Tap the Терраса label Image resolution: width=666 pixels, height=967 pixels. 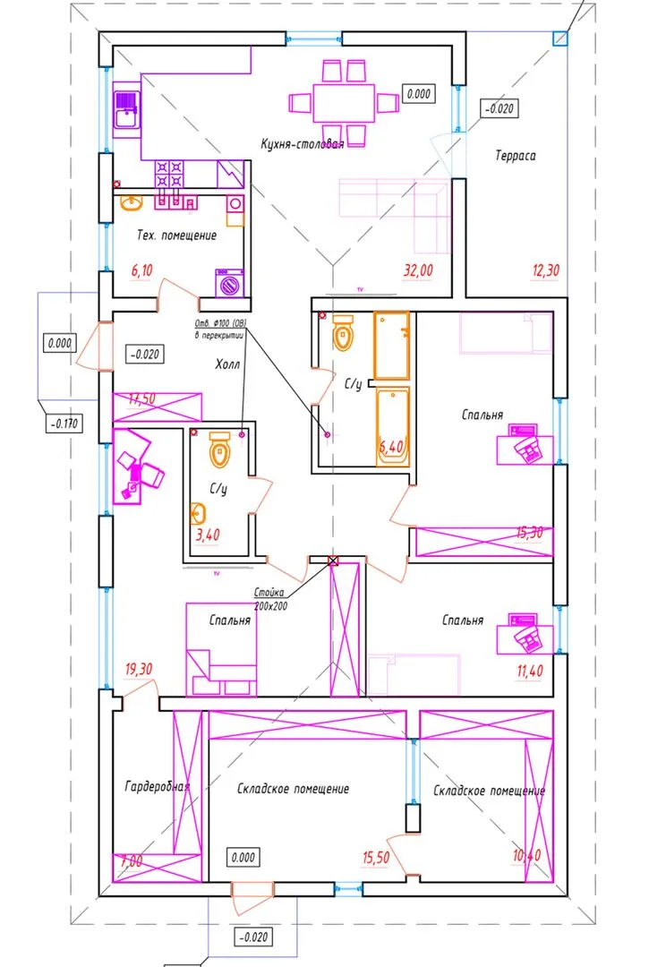[515, 156]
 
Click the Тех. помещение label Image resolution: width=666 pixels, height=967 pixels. [176, 235]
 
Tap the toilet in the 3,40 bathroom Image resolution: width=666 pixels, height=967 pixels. [219, 450]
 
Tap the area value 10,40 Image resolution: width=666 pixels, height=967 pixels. [527, 857]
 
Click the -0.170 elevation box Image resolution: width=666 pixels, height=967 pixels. [63, 424]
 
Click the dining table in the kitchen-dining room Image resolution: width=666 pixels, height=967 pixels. [343, 104]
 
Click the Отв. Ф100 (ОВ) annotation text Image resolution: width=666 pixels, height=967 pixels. [219, 323]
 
